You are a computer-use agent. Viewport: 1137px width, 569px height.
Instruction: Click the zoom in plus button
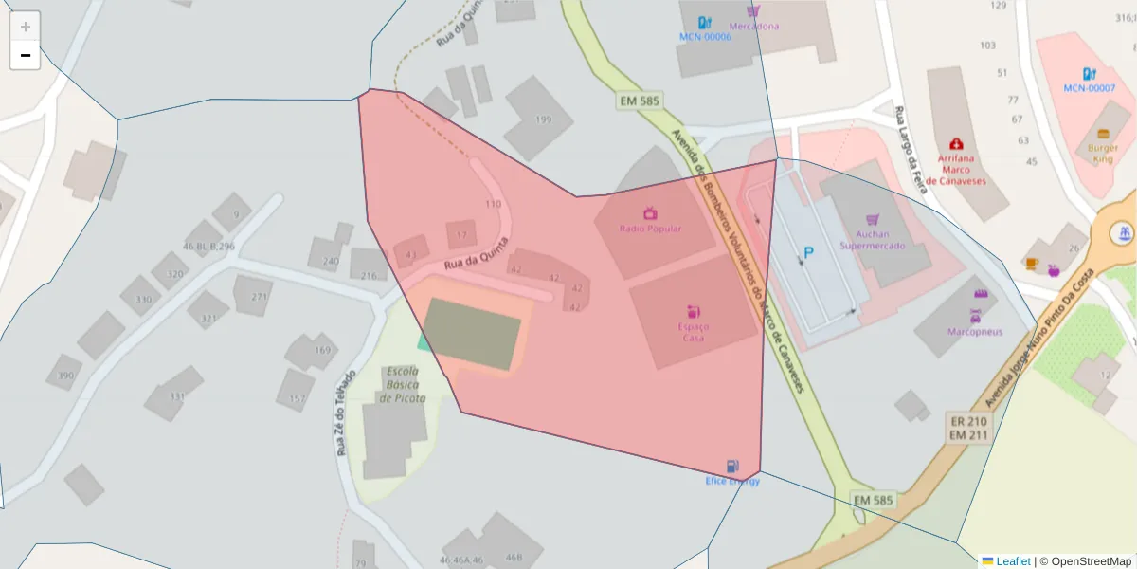(26, 27)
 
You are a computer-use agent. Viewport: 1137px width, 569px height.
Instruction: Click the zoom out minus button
(26, 55)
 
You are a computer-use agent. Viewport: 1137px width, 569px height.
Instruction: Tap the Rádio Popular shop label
(650, 229)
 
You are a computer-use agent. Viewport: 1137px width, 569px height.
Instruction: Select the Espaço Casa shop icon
(693, 311)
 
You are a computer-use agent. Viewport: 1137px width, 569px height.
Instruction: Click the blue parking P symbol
(808, 252)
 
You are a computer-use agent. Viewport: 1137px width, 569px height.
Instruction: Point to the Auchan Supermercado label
(872, 239)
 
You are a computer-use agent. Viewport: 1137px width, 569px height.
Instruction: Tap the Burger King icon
(1103, 134)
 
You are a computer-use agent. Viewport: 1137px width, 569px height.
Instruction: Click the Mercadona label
(754, 26)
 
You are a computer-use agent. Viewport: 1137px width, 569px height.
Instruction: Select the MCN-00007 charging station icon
(1089, 73)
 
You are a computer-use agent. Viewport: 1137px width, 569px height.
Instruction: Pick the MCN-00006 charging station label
(705, 37)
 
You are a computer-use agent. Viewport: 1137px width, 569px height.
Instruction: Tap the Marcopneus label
(975, 331)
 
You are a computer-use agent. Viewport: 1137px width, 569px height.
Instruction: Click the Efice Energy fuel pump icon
(731, 467)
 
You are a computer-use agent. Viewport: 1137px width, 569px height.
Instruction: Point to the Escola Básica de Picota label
(403, 384)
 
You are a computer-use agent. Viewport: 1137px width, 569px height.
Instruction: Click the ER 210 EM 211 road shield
(968, 428)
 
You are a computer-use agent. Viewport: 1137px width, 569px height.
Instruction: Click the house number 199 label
(543, 119)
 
